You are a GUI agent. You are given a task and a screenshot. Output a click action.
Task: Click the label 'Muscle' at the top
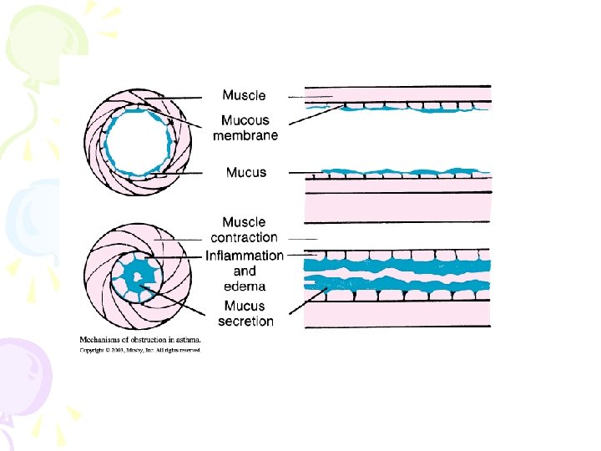[244, 96]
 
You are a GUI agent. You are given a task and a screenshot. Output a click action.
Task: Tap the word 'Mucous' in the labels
[245, 121]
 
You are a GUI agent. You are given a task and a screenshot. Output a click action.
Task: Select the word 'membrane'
[245, 135]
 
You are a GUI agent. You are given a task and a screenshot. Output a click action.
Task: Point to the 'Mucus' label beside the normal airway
[246, 173]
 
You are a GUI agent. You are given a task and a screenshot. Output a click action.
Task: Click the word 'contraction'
[244, 237]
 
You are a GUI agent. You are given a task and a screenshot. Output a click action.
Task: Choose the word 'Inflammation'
[245, 255]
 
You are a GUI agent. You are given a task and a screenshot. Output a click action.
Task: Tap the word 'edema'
[245, 286]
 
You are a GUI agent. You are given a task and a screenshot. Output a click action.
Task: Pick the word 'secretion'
[245, 322]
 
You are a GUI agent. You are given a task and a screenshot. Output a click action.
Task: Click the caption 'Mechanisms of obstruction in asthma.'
[139, 340]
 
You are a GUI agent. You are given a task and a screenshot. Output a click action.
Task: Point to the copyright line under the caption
[139, 350]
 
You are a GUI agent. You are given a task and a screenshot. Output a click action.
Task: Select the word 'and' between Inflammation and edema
[245, 271]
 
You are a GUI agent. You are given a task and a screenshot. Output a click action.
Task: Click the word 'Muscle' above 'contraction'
[244, 222]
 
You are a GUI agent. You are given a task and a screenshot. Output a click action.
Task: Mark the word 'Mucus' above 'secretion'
[245, 307]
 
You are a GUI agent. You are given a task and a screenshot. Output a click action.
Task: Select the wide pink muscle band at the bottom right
[397, 313]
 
